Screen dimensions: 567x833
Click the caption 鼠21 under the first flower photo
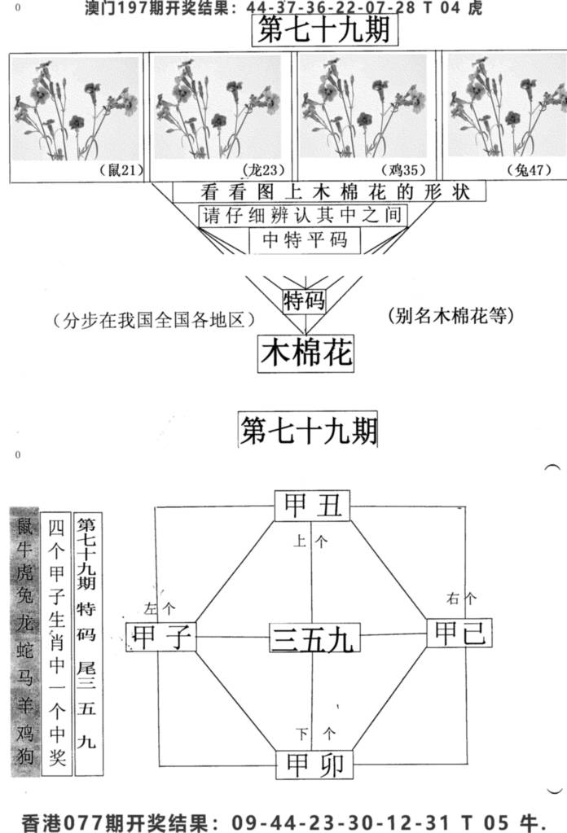click(x=121, y=170)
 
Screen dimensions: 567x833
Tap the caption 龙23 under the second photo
click(x=264, y=170)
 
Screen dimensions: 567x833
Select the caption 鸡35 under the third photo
click(x=404, y=170)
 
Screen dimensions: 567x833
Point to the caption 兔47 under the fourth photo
click(x=529, y=170)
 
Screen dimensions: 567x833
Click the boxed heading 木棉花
click(x=306, y=353)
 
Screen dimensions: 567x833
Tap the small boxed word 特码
click(x=304, y=300)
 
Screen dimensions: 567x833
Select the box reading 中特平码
click(x=305, y=240)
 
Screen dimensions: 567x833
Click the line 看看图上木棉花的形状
click(x=329, y=192)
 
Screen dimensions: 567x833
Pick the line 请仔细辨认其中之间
click(x=303, y=216)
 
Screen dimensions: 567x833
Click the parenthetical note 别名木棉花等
click(x=451, y=316)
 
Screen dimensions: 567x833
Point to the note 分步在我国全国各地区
click(x=154, y=320)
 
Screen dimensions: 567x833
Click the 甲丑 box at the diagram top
click(x=313, y=505)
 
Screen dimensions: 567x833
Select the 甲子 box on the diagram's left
click(x=161, y=637)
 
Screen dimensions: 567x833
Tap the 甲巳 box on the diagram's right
click(x=459, y=633)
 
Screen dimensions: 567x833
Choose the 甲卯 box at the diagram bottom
click(x=314, y=765)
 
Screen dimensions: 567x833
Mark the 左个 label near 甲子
click(x=160, y=608)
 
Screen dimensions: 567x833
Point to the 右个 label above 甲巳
click(x=461, y=598)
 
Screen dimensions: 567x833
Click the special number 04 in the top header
click(x=450, y=8)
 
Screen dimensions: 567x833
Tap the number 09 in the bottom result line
click(x=244, y=822)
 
